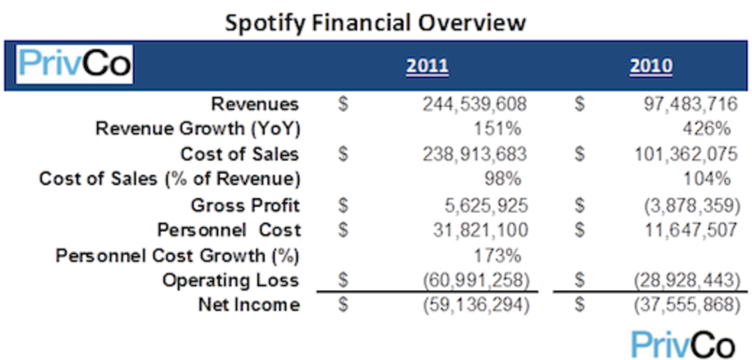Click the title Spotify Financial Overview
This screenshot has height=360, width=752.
[x=375, y=22]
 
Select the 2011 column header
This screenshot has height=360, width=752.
[x=427, y=66]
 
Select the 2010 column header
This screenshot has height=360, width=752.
[x=651, y=66]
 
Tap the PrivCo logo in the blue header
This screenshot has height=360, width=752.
[x=75, y=64]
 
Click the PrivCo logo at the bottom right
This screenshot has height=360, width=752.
[x=683, y=344]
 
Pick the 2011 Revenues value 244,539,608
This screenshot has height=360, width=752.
[x=474, y=105]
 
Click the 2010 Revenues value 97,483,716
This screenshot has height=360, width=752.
[x=690, y=105]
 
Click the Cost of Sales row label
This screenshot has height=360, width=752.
[x=239, y=154]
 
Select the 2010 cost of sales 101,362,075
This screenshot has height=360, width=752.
[x=686, y=154]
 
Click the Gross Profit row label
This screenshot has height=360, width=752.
[x=245, y=206]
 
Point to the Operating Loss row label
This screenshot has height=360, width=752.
[x=230, y=281]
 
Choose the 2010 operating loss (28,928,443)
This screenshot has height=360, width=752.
[x=688, y=281]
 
